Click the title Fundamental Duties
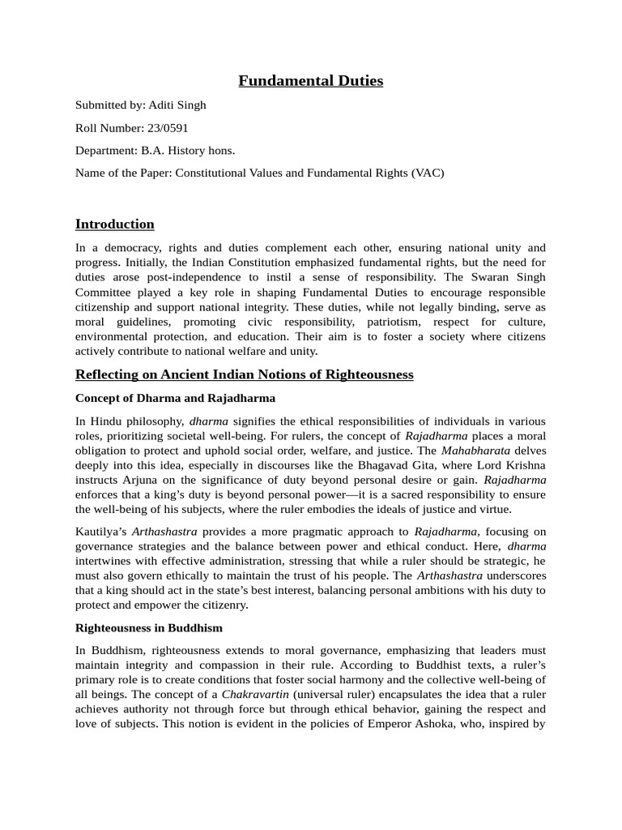point(311,80)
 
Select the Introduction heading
point(114,224)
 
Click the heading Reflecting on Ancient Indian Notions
point(244,374)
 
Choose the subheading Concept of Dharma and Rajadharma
point(175,398)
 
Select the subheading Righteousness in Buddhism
point(149,627)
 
